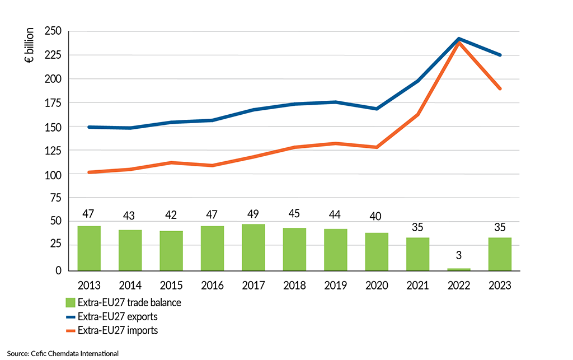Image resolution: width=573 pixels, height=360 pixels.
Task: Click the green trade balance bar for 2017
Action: point(253,247)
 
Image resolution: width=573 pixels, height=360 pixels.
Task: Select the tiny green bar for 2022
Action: point(459,269)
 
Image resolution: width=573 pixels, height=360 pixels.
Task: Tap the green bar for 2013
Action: point(89,248)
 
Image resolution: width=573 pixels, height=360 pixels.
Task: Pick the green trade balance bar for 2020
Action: point(377,251)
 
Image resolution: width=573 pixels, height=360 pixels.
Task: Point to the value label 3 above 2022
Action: point(459,256)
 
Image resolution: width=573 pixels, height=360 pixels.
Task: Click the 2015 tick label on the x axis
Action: point(171,286)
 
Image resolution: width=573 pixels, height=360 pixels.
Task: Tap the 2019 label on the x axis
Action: point(336,286)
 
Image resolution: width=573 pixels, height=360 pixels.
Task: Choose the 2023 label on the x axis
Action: point(500,286)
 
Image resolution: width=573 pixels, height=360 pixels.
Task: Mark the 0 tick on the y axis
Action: point(58,270)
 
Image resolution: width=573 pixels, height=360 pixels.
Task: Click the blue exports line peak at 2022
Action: point(459,39)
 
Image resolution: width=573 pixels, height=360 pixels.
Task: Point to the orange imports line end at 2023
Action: point(500,88)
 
